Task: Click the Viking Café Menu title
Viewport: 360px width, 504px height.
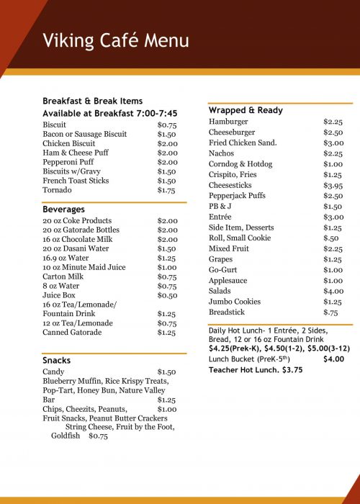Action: (115, 40)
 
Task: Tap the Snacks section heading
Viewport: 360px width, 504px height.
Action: (57, 360)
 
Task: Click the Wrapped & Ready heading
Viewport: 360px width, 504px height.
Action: (246, 110)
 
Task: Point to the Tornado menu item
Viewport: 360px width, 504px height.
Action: (57, 190)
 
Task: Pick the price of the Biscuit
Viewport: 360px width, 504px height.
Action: (167, 125)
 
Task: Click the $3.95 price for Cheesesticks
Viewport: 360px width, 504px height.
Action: (333, 185)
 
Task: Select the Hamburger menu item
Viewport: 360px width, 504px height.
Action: (228, 122)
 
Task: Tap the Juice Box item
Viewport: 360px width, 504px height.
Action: (60, 295)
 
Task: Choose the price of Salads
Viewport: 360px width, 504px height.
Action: (333, 291)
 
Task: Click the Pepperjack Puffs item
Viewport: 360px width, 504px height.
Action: (237, 196)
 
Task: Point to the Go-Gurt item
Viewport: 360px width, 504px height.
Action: (224, 269)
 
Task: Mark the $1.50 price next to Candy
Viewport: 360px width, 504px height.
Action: (167, 372)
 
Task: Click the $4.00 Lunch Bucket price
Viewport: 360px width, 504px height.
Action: (333, 359)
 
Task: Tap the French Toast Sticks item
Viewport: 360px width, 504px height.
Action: (76, 181)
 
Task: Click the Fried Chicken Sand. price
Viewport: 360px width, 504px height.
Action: (333, 143)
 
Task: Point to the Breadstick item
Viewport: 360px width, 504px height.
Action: (227, 312)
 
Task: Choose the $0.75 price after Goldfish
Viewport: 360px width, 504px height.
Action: (98, 436)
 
